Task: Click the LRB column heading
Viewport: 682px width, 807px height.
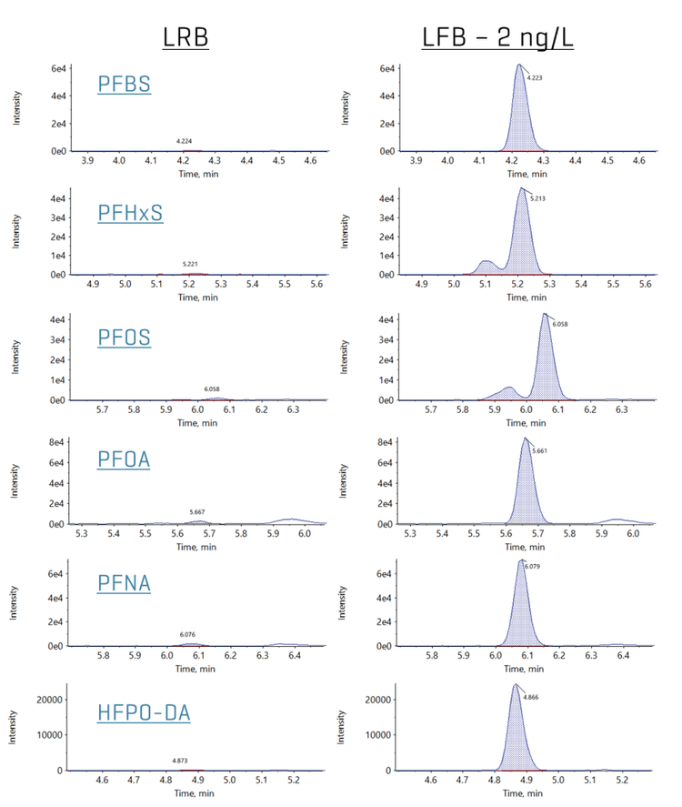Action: [186, 37]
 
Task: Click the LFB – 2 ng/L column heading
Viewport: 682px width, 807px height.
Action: [498, 37]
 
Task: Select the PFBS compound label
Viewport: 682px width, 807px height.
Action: [124, 85]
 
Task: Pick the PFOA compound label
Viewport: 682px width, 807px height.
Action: [124, 459]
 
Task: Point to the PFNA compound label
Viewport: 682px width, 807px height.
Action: [124, 583]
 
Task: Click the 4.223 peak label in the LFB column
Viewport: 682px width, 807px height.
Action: [535, 78]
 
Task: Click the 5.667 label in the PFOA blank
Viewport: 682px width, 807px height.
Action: [197, 512]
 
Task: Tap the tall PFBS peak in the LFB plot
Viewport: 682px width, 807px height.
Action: [519, 109]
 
